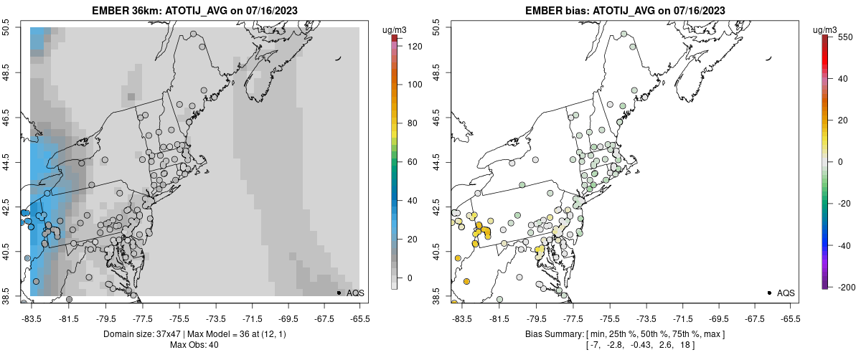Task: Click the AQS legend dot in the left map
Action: (x=339, y=293)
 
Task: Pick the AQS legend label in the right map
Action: (x=786, y=293)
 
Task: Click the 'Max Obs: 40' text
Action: (x=194, y=346)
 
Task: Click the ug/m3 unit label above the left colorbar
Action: (x=395, y=29)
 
